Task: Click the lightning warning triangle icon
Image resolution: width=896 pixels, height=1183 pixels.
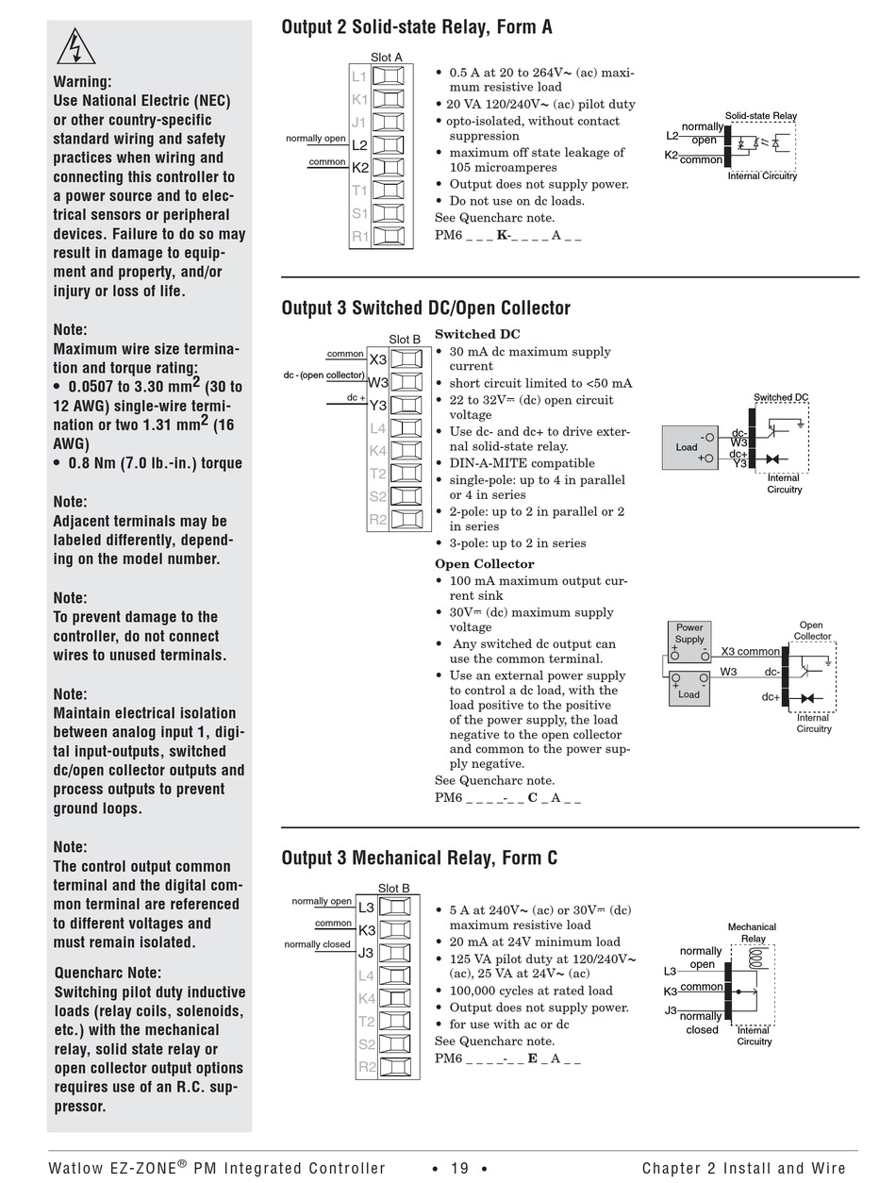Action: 76,47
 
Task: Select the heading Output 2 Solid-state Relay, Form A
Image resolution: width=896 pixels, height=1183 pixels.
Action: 417,27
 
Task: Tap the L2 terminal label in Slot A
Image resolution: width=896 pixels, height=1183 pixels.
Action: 359,145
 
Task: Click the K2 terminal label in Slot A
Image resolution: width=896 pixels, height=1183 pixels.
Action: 359,168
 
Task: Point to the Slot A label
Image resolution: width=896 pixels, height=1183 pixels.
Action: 386,58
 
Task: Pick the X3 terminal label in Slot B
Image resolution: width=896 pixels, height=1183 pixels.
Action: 377,359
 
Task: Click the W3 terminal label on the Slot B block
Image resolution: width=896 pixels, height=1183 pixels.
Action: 377,382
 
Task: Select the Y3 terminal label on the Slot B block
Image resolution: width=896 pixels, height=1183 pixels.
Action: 377,406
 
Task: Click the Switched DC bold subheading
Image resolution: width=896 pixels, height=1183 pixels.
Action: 477,334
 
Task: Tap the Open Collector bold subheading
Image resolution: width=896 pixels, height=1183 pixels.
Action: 484,564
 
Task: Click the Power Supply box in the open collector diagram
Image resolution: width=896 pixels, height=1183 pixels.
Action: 689,634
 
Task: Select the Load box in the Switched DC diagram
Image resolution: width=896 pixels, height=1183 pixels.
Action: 687,447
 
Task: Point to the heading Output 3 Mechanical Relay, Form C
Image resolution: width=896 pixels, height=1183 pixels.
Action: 419,858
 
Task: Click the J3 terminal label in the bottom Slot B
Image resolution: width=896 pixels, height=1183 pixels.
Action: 366,953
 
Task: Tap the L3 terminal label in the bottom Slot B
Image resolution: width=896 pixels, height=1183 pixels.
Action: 366,908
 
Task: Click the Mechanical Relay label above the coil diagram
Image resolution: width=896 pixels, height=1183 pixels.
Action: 752,933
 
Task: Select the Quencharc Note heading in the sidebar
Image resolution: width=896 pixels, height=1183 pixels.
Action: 108,973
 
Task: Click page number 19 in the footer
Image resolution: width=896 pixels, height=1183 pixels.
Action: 459,1169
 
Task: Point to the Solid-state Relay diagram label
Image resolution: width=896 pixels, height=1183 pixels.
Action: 760,116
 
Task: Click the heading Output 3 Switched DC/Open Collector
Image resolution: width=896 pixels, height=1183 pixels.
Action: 425,308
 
